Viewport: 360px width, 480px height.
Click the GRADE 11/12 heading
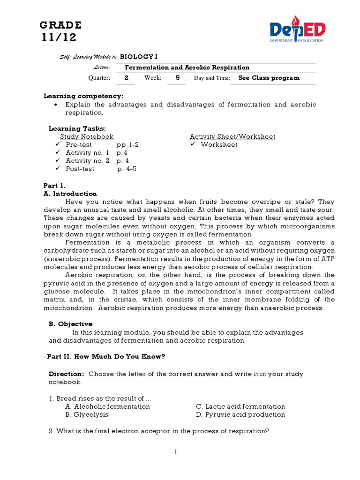click(x=60, y=31)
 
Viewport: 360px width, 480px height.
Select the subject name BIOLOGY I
click(x=136, y=56)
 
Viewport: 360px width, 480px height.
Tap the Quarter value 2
click(x=126, y=78)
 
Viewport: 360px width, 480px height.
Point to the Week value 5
click(x=177, y=78)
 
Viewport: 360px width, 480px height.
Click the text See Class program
click(x=269, y=78)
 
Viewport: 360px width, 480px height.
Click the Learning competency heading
click(x=83, y=96)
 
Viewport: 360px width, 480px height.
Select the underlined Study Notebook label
click(x=87, y=136)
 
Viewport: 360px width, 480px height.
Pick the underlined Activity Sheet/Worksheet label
click(x=232, y=136)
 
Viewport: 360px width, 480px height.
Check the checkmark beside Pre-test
click(x=58, y=144)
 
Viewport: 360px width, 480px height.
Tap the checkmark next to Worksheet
click(x=193, y=144)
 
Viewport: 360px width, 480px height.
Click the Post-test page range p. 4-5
click(x=127, y=169)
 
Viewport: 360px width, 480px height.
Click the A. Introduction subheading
click(x=70, y=193)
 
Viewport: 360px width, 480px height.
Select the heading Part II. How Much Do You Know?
click(x=106, y=356)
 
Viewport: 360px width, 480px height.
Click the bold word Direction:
click(x=66, y=374)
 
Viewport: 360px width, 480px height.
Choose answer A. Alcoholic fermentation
click(x=107, y=406)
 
